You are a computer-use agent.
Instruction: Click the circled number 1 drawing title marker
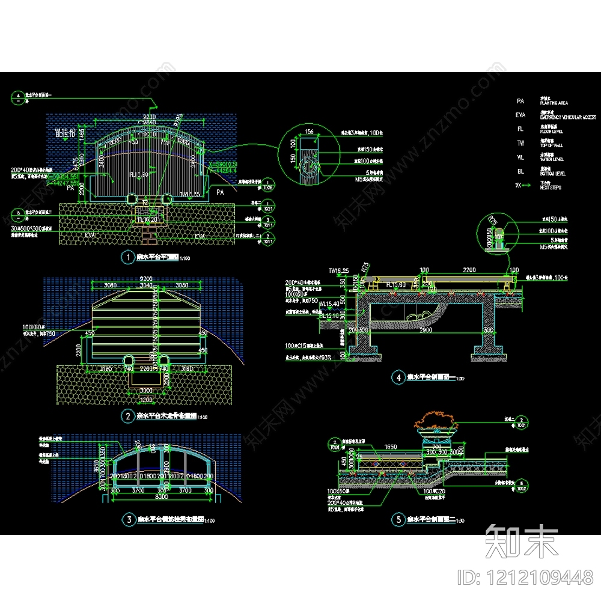(127, 257)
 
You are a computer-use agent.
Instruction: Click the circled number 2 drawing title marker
(127, 415)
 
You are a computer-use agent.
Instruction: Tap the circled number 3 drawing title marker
(127, 519)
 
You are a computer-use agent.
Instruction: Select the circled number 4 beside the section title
(397, 377)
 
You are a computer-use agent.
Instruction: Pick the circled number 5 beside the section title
(397, 519)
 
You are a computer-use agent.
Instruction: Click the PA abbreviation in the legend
(520, 102)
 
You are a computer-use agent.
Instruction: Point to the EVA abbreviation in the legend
(520, 115)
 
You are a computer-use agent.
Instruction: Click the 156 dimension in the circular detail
(310, 132)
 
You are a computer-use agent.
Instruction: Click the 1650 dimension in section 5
(391, 447)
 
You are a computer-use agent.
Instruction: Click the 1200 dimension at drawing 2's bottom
(147, 398)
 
